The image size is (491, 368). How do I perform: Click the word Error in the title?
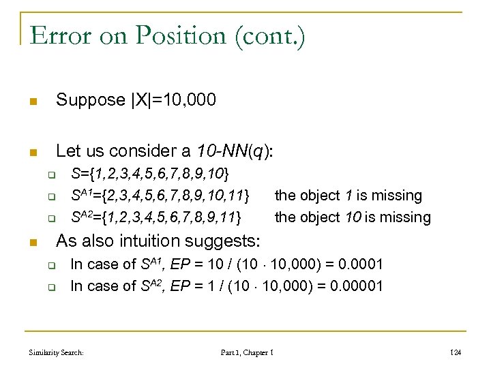click(x=59, y=35)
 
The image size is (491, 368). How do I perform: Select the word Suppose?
click(x=91, y=101)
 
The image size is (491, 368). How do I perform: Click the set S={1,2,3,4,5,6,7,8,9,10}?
click(x=150, y=173)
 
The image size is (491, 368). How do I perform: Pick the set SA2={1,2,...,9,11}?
click(x=157, y=217)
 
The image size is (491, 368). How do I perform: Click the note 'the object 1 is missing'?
click(x=348, y=196)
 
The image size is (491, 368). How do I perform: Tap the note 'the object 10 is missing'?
click(x=353, y=217)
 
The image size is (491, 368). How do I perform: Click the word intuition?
click(x=168, y=241)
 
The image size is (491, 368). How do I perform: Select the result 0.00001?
click(x=357, y=286)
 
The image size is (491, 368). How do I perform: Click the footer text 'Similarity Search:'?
click(x=57, y=353)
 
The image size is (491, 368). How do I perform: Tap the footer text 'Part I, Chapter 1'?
click(x=248, y=353)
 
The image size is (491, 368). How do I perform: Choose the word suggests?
click(x=230, y=241)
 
